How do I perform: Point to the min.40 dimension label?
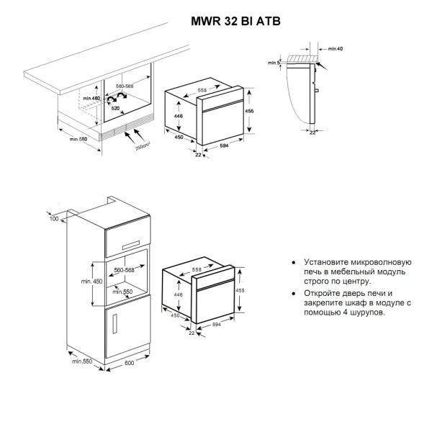335,48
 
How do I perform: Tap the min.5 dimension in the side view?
273,63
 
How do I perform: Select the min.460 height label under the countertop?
90,97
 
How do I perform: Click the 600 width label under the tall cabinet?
130,362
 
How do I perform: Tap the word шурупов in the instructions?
366,313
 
